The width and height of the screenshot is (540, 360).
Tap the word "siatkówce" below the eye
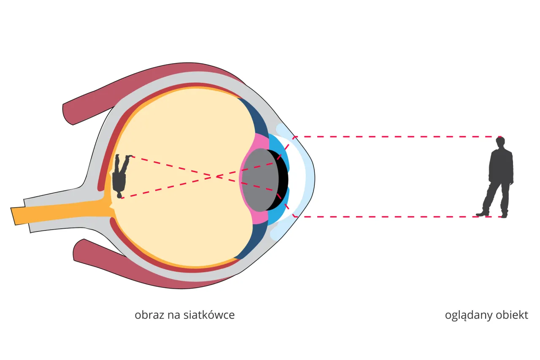pyautogui.click(x=209, y=315)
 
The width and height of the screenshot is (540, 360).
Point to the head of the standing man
pyautogui.click(x=500, y=143)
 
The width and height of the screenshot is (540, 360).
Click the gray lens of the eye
pyautogui.click(x=260, y=180)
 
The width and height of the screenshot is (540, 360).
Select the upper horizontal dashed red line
pyautogui.click(x=397, y=137)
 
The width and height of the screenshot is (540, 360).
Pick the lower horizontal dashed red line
pyautogui.click(x=398, y=217)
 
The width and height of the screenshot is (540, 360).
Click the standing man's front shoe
pyautogui.click(x=482, y=214)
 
